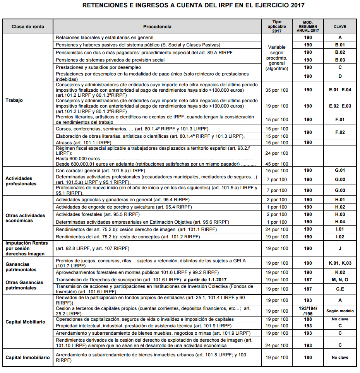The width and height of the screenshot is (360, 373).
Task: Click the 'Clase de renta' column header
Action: point(27,27)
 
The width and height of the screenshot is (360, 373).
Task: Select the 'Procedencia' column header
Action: point(157,27)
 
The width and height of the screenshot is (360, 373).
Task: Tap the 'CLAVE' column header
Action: point(339,27)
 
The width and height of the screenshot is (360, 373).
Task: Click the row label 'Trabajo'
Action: point(14,100)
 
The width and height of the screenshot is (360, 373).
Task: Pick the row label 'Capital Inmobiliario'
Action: point(27,358)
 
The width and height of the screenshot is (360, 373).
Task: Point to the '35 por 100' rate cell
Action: point(277,90)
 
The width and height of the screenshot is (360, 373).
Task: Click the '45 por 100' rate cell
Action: point(277,164)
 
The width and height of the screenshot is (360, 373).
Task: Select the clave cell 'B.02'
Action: point(339,52)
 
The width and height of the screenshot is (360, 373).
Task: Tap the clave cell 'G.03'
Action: point(339,190)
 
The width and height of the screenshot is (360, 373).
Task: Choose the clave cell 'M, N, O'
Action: point(339,280)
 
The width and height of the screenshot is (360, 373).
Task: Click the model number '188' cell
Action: point(308,319)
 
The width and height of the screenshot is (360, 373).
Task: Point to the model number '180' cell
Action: point(308,358)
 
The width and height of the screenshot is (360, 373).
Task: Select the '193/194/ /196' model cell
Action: point(308,311)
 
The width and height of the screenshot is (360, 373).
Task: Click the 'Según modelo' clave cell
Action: point(339,311)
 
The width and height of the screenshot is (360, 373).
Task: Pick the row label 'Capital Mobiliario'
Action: point(26,322)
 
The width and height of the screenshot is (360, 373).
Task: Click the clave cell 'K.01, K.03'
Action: point(339,263)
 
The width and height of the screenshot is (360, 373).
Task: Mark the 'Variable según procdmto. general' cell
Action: point(277,57)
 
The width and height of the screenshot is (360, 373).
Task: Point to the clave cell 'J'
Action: point(339,248)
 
